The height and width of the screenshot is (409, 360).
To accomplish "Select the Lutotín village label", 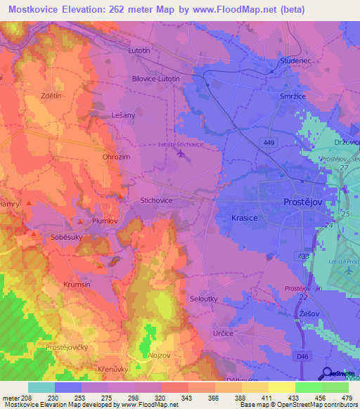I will point(139,51).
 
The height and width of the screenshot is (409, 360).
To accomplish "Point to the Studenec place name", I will point(296,61).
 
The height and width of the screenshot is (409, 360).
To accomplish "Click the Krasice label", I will point(245,219).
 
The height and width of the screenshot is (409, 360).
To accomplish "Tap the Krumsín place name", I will point(77,285).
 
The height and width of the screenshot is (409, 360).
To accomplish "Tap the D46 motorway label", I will point(302,357).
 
